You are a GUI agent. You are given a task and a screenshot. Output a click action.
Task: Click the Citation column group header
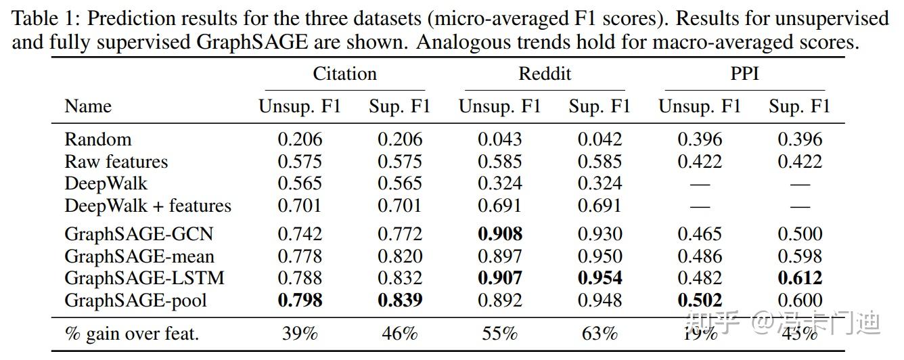[x=344, y=74]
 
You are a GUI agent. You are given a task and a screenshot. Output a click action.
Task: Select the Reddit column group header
[x=545, y=74]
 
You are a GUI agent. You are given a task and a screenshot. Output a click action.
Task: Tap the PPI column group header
[x=744, y=74]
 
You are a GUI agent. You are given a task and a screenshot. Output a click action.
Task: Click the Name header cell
[x=88, y=106]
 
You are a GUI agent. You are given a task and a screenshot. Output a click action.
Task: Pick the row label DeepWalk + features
[x=148, y=206]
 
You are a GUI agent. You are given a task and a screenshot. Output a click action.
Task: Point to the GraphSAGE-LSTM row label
[x=144, y=278]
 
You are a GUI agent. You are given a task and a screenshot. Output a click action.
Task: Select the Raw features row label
[x=116, y=162]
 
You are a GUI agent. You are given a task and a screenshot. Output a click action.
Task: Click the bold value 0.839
[x=400, y=300]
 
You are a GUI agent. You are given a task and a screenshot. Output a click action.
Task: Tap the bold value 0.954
[x=600, y=278]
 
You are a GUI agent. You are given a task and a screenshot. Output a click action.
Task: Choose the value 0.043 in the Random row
[x=500, y=139]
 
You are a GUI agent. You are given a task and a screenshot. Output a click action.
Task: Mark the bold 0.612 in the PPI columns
[x=800, y=278]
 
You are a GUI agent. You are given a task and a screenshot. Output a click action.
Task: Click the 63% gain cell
[x=600, y=334]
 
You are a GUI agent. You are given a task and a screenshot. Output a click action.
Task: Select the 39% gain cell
[x=300, y=334]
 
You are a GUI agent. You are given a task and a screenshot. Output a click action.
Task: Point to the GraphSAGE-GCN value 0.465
[x=700, y=234]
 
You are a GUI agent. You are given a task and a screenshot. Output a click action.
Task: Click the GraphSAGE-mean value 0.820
[x=400, y=256]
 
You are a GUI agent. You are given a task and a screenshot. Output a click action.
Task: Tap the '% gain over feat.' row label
[x=131, y=334]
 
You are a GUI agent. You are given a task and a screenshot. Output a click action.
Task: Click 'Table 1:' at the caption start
[x=43, y=18]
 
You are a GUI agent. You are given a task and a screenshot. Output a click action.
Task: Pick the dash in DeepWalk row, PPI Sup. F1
[x=800, y=184]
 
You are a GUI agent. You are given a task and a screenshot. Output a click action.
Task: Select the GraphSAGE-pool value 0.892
[x=500, y=300]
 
